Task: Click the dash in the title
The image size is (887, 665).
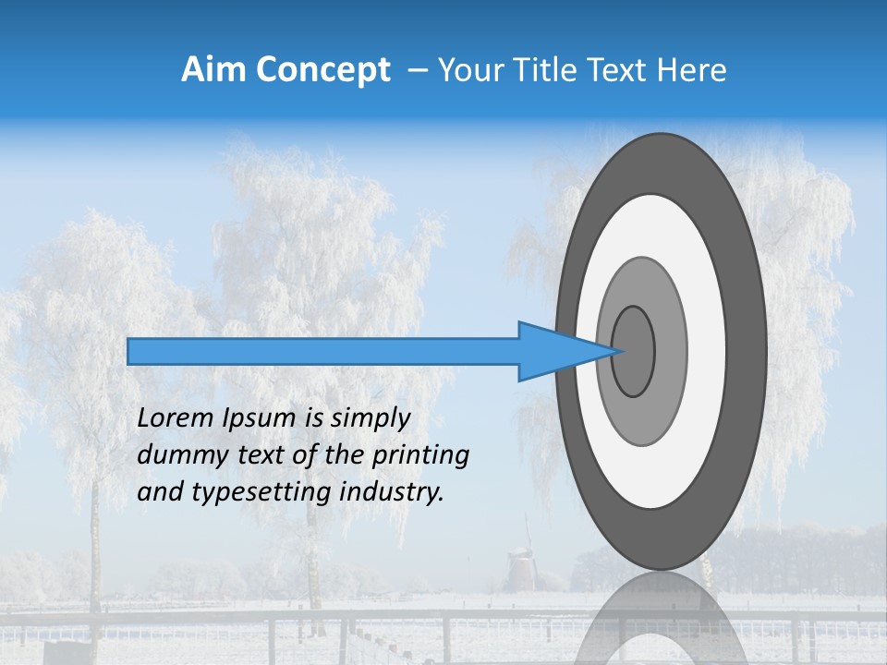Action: [417, 71]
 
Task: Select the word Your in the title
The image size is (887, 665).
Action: [468, 70]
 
